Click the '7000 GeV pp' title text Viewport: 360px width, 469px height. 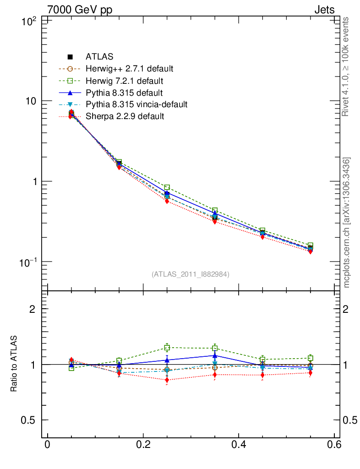pos(79,10)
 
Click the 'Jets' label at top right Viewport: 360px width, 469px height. pos(324,10)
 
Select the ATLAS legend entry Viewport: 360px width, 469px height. pos(99,57)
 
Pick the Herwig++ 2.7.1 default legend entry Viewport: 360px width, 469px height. pos(129,69)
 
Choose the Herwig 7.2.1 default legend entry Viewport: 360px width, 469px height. pos(124,81)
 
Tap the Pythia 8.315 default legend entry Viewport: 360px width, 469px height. pos(124,93)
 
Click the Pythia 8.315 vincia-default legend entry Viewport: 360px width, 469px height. pos(136,105)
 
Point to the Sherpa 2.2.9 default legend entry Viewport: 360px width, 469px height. pos(125,117)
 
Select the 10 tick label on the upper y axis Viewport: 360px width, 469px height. pos(31,101)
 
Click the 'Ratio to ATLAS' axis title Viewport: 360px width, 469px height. pos(14,364)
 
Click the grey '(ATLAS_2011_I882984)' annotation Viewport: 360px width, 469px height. pos(191,274)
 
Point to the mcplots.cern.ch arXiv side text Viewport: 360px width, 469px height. pos(347,223)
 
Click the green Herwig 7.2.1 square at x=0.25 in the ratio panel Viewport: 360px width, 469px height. pos(167,348)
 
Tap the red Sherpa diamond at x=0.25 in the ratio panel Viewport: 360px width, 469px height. pos(167,380)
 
